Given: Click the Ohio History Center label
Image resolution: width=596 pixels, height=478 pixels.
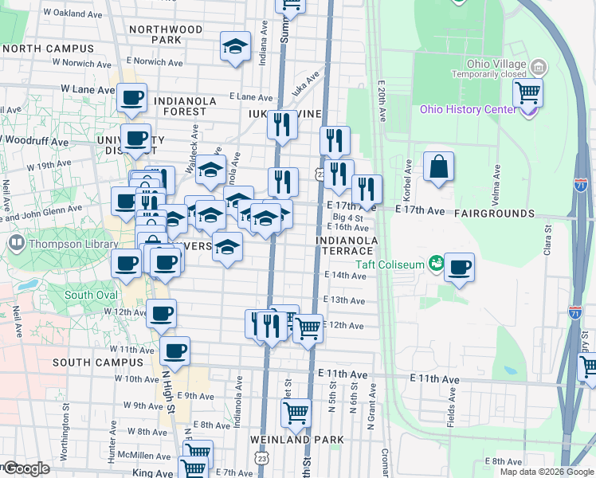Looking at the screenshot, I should (469, 109).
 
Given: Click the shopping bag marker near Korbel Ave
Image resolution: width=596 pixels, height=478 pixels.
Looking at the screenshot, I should (438, 167).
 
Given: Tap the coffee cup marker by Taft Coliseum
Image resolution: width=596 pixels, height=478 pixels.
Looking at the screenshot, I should (459, 268).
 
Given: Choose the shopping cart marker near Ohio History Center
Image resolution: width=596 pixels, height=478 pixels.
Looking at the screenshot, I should (527, 92).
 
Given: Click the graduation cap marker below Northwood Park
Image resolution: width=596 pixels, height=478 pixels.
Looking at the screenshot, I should (236, 47).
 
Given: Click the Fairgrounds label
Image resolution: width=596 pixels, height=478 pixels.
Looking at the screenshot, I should (494, 214).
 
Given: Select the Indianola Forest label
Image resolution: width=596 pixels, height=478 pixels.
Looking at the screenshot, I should (180, 107).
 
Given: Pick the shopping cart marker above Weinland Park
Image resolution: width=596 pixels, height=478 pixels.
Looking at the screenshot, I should (296, 413).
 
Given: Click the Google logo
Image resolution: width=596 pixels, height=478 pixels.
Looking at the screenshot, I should (25, 468).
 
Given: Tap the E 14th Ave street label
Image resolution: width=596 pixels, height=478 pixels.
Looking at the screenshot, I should (344, 276).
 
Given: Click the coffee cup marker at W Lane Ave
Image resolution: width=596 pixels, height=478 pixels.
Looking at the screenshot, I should (132, 98).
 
